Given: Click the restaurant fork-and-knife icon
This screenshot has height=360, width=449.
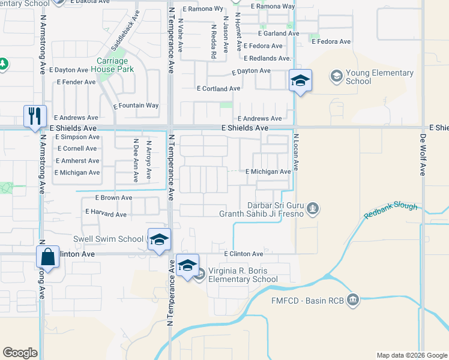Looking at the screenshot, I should [34, 115].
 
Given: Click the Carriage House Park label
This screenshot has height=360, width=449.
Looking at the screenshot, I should [115, 65].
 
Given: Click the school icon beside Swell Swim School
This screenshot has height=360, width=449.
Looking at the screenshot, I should [159, 239].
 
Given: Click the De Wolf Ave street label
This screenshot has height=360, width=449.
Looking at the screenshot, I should [423, 155].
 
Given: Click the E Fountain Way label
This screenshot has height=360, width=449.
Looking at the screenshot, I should [136, 106].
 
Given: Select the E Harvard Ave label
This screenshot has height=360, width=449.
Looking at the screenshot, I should [106, 213].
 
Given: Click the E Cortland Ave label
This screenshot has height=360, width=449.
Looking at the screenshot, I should [218, 89].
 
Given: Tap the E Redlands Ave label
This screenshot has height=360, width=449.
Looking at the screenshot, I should [268, 58].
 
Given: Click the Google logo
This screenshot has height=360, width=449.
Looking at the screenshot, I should [20, 353].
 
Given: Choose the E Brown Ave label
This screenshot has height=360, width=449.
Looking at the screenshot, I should [113, 197].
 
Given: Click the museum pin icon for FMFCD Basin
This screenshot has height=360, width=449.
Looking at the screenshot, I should [353, 298].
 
